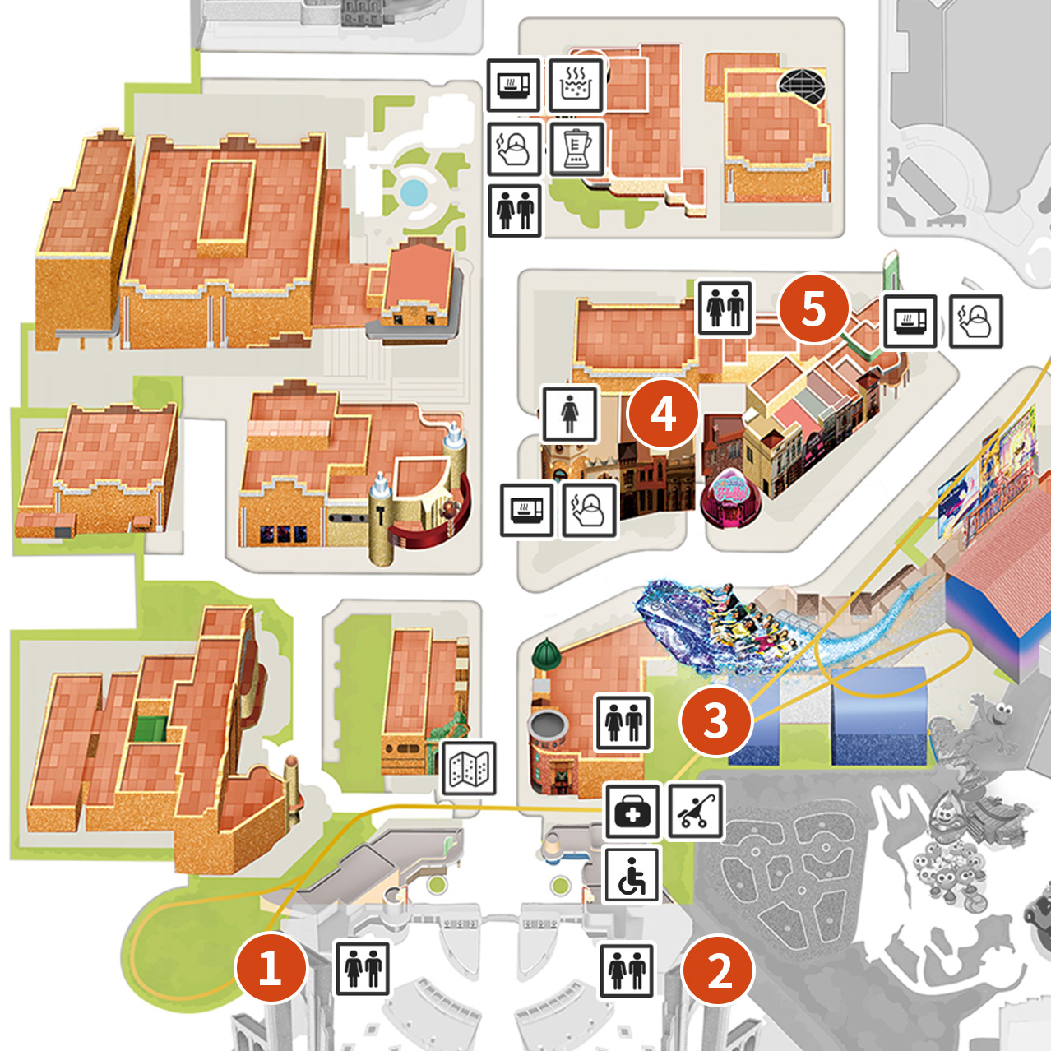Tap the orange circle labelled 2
(719, 970)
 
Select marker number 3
(715, 720)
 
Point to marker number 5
(813, 308)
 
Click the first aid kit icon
(632, 811)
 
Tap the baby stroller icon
(696, 811)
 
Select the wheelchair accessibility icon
(632, 875)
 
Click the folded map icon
(469, 768)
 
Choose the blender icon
(577, 148)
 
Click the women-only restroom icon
(569, 414)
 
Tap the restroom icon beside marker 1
(362, 969)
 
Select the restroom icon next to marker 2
(627, 970)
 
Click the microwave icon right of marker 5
(910, 321)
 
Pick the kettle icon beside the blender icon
(515, 148)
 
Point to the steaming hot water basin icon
(576, 85)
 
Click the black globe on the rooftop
(802, 86)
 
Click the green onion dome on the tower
(546, 655)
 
